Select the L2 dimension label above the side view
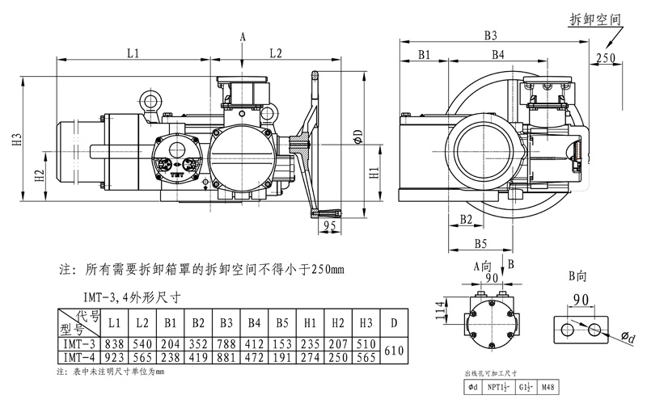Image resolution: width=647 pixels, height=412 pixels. (x=275, y=53)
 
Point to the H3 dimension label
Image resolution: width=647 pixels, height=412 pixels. (x=16, y=141)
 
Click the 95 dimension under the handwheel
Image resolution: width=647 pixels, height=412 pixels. (x=328, y=227)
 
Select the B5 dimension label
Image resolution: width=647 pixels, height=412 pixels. (x=480, y=242)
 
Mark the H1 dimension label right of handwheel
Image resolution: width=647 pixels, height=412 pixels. (x=374, y=173)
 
